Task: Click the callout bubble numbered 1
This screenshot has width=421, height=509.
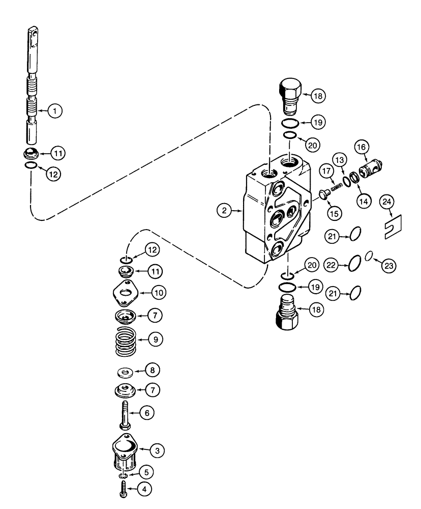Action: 55,110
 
